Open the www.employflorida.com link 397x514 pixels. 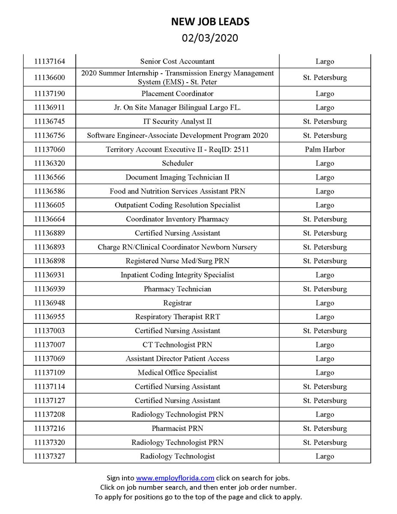tap(175, 478)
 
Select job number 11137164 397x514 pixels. tap(49, 61)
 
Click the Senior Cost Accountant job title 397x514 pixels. tap(177, 61)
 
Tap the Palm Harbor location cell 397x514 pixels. tap(325, 149)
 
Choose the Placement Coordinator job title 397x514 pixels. tap(177, 93)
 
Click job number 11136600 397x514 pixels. tap(49, 78)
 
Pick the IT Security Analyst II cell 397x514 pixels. tap(177, 122)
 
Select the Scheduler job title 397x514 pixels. tap(177, 163)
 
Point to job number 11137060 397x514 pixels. tap(49, 149)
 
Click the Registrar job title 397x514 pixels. tap(177, 303)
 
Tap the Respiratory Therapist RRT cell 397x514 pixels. tap(177, 317)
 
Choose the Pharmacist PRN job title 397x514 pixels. tap(177, 428)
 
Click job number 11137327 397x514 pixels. tap(49, 456)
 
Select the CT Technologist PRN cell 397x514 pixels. tap(177, 345)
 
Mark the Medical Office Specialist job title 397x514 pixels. tap(177, 373)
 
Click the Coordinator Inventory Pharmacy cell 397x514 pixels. tap(177, 219)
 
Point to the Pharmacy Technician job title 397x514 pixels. tap(177, 289)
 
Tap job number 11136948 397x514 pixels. tap(49, 303)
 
